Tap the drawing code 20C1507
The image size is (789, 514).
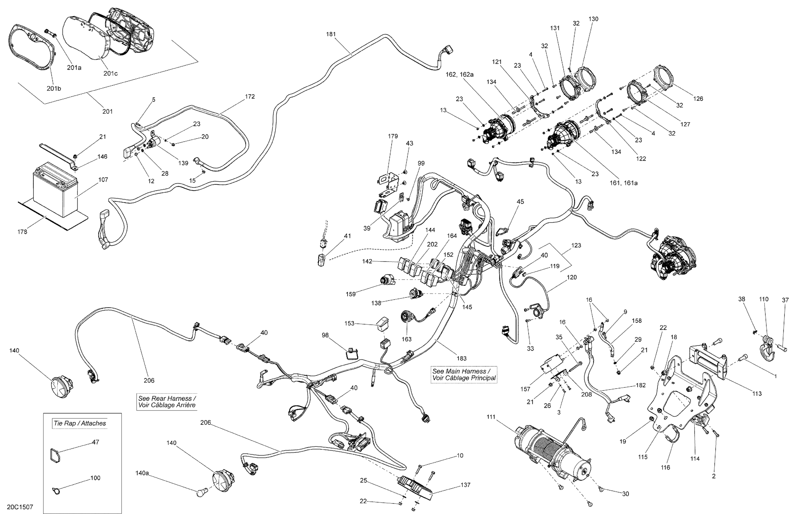tap(20, 507)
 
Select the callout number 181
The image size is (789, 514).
tap(331, 34)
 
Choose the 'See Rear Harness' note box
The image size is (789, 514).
tap(167, 402)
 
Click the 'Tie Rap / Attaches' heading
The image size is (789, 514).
tap(80, 423)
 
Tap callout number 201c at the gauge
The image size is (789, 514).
tap(110, 73)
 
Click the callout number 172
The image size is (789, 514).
tap(250, 97)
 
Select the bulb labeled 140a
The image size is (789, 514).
tap(201, 492)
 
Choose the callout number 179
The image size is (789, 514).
tap(393, 136)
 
